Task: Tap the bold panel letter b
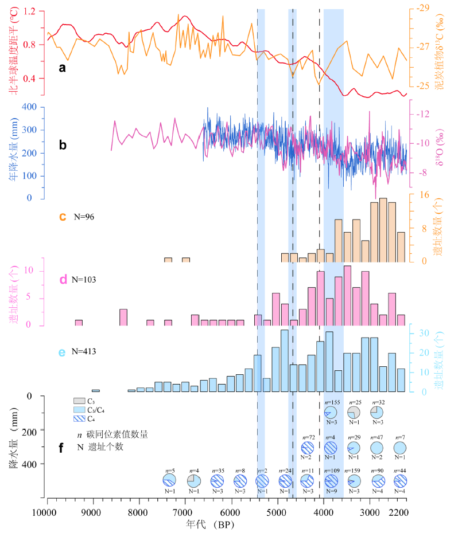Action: (63, 144)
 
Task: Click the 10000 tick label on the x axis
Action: (47, 512)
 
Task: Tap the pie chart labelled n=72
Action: (308, 447)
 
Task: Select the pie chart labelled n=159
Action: (354, 480)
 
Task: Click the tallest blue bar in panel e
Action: (284, 361)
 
